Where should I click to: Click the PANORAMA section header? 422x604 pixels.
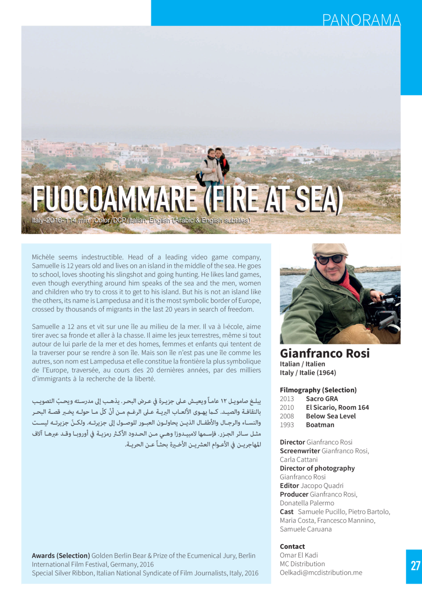(361, 20)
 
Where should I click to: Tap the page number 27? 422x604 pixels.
(415, 565)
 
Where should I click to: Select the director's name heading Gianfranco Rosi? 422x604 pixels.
(325, 353)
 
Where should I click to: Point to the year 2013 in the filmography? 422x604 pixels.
(287, 399)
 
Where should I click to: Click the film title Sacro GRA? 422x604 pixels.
(322, 399)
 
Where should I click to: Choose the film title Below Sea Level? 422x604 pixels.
(331, 416)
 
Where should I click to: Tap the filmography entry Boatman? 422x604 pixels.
(320, 425)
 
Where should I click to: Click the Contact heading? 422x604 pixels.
(292, 546)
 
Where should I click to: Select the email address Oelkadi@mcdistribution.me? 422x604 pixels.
(321, 572)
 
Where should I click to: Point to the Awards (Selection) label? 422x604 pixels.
(60, 556)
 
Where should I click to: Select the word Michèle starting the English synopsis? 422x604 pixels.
(43, 257)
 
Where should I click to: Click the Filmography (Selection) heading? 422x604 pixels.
(318, 390)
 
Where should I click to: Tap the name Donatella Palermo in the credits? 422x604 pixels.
(307, 503)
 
